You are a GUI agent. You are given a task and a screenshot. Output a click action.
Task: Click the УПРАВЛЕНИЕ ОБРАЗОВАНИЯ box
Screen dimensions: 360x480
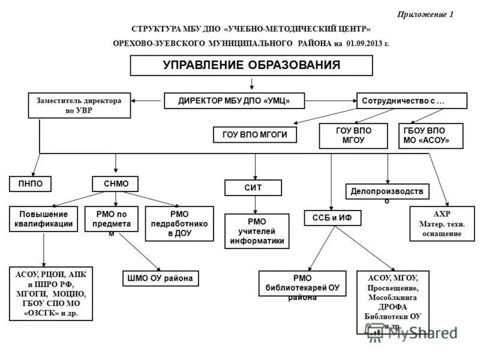[x=251, y=65]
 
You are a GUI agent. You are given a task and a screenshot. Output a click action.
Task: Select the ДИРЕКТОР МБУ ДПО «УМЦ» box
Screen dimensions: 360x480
[x=234, y=101]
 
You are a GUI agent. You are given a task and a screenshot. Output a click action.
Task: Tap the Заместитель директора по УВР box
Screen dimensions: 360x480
[x=79, y=106]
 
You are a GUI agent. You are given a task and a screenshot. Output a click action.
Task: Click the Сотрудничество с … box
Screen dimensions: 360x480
[x=412, y=101]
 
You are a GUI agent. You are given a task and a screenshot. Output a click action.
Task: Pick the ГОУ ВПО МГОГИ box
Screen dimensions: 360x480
[x=256, y=135]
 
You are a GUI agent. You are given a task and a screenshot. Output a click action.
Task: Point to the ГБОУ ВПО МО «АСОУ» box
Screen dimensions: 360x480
[x=431, y=136]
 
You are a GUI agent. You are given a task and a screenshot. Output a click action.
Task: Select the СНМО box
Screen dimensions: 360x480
[x=115, y=184]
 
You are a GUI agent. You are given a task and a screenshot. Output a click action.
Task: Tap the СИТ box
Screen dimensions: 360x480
[x=253, y=188]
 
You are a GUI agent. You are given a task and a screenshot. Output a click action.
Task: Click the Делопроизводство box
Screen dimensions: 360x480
[x=388, y=191]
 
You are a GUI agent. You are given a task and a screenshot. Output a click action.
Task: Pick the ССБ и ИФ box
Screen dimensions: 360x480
[x=332, y=218]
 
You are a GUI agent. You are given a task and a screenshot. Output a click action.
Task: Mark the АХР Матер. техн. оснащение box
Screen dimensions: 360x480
[x=442, y=224]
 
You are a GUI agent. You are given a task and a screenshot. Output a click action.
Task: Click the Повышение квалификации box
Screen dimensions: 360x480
[x=44, y=219]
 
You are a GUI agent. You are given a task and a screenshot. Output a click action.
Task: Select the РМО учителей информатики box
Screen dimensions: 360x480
[x=257, y=231]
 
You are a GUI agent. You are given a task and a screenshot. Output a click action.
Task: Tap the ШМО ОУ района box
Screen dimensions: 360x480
[x=160, y=278]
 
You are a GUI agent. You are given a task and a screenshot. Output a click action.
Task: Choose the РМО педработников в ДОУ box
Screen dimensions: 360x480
[x=179, y=224]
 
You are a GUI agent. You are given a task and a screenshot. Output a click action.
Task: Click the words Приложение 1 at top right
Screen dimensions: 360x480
[x=425, y=14]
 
